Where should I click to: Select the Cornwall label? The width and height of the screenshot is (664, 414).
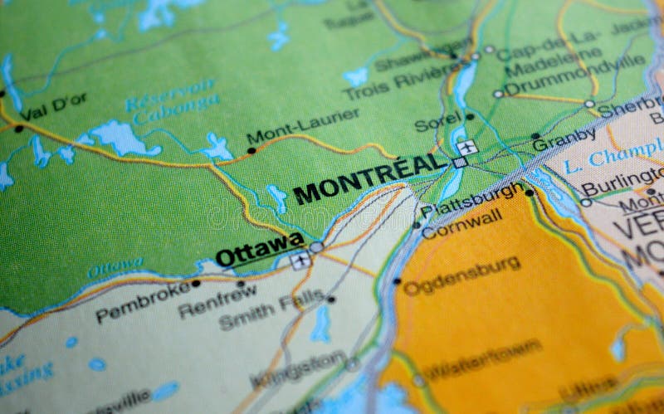[461, 222]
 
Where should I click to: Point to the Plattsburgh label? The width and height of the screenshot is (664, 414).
[471, 200]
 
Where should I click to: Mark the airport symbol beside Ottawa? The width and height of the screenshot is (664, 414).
[300, 261]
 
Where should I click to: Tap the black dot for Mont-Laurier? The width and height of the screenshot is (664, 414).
[251, 151]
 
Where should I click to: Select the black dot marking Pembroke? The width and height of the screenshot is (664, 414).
[196, 283]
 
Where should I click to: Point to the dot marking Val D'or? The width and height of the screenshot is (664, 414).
[18, 129]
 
